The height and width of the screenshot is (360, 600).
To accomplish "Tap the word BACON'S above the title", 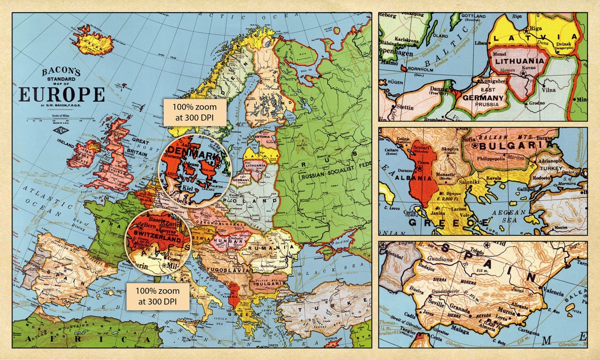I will pos(62,72).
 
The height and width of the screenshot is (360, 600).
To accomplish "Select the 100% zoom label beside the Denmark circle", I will pos(194,112).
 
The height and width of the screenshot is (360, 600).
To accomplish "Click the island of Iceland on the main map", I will pos(94,42).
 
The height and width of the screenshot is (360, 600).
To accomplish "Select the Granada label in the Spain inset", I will pos(461,311).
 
